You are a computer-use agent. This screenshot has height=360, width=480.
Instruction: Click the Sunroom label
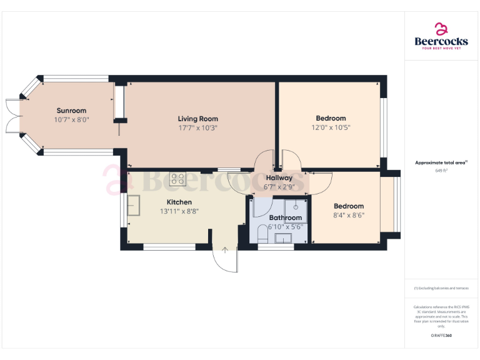[71, 111]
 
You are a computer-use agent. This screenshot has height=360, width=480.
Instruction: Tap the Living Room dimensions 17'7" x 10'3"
[197, 127]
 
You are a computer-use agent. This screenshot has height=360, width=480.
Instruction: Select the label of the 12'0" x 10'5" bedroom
[331, 118]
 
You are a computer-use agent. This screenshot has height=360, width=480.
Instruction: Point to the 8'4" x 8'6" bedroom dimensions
[348, 215]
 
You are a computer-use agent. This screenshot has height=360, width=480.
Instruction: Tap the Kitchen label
[179, 202]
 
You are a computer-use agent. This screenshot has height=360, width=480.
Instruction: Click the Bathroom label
[286, 217]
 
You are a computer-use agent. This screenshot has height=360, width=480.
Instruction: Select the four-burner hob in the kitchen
[177, 179]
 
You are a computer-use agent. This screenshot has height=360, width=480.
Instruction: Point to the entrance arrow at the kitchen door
[224, 251]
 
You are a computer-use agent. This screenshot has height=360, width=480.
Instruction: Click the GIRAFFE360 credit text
[441, 336]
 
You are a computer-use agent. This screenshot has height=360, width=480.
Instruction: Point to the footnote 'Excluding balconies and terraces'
[441, 288]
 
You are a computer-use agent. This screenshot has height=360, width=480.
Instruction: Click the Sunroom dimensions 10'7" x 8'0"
[71, 119]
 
